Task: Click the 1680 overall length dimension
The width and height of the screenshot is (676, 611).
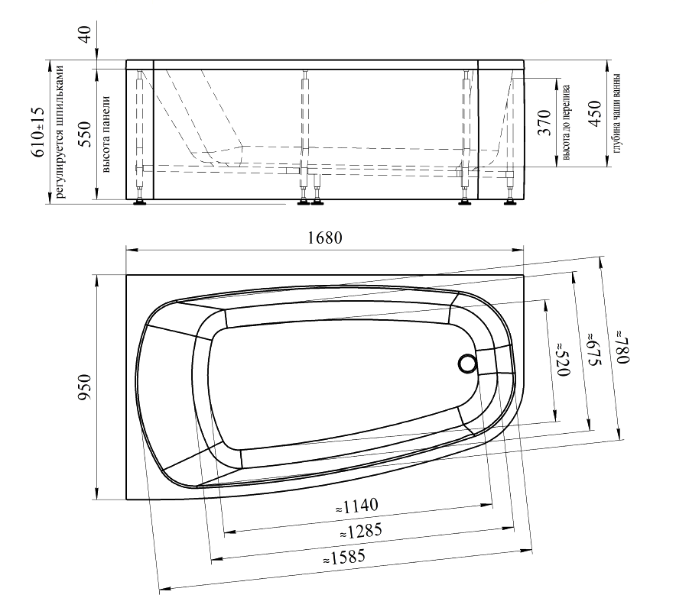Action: pos(325,238)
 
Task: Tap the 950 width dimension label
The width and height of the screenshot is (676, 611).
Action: pos(85,387)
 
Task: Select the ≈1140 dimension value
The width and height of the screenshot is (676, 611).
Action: pos(356,506)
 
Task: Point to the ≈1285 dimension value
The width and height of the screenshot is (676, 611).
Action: pos(361,532)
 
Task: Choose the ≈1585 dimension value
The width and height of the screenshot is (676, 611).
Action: pos(344,558)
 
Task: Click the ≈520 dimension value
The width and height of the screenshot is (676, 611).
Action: pos(563,360)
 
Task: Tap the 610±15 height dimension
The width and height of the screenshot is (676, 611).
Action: pos(38,132)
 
